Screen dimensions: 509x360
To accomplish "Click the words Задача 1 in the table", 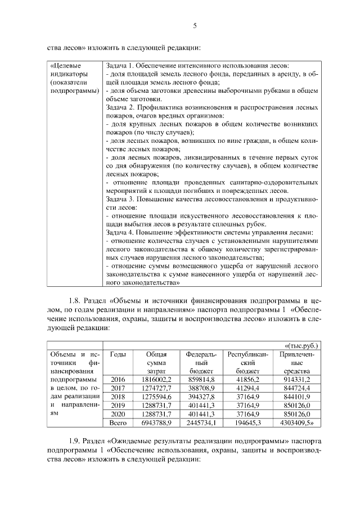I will click(x=122, y=65).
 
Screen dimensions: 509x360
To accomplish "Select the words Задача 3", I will click(x=122, y=199).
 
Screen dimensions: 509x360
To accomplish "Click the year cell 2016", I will click(x=118, y=380).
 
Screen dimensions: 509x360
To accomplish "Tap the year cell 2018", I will click(x=118, y=397).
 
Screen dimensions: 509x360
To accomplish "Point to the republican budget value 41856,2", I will click(x=248, y=380).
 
